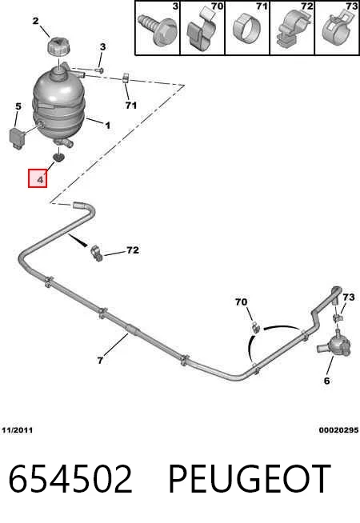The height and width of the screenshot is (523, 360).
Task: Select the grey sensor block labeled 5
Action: point(18,137)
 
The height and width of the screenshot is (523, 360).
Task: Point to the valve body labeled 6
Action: point(334,345)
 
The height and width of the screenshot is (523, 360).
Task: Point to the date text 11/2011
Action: point(18,430)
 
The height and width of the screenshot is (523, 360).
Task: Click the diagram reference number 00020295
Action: point(338,430)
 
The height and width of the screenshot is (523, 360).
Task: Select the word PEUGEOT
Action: point(250,479)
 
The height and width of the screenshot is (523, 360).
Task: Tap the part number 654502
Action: point(70,479)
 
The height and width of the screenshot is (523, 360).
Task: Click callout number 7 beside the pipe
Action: point(100,360)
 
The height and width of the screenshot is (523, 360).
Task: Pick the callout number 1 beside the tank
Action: point(107,126)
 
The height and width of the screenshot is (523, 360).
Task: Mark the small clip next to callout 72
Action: point(96,254)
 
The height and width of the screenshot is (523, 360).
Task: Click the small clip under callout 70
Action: point(256,327)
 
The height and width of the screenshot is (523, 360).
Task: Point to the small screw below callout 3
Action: point(99,70)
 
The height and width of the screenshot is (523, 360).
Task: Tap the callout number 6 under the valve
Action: point(326,381)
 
